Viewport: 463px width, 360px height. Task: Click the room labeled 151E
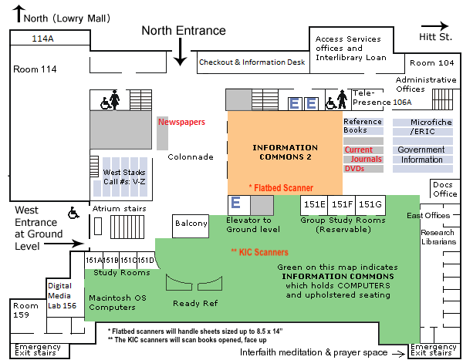tap(314, 204)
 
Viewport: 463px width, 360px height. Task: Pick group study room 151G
tap(370, 204)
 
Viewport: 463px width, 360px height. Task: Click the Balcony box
tap(191, 224)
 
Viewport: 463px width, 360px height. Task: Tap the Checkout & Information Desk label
tap(252, 62)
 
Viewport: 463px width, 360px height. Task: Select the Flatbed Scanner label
tap(281, 187)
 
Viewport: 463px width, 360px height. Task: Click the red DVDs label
tap(354, 168)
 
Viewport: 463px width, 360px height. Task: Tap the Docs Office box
tap(444, 189)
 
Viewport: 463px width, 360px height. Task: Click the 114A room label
tap(43, 38)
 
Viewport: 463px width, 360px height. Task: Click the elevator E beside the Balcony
tap(237, 204)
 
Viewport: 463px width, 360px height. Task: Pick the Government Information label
tap(421, 155)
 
